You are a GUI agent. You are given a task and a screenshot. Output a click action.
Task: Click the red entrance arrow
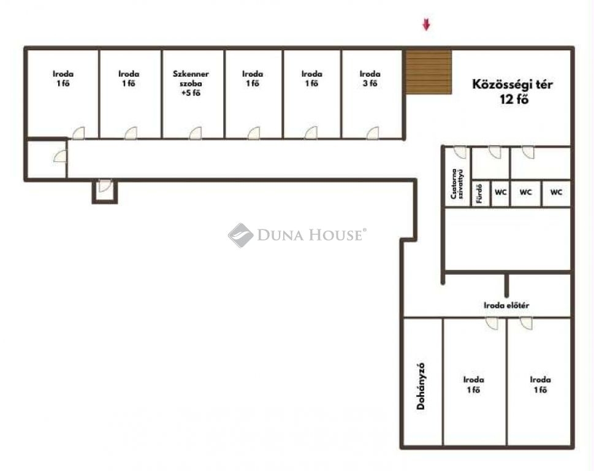(x=427, y=25)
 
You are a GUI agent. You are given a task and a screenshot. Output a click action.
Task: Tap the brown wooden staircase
(x=428, y=72)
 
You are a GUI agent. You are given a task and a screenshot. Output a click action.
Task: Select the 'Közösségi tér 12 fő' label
(x=512, y=91)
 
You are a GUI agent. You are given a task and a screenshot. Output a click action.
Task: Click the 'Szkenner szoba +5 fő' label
(x=191, y=83)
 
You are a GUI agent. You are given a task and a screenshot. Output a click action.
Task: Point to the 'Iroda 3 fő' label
(x=370, y=78)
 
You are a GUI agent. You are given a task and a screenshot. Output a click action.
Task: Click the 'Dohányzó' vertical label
(x=421, y=386)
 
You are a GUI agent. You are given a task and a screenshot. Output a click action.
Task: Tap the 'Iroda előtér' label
(x=506, y=305)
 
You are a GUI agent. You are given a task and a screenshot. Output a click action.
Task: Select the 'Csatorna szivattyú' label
(x=457, y=184)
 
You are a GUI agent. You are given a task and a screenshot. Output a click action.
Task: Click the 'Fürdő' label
(x=479, y=193)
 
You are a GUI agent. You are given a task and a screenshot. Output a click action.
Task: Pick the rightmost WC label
(x=556, y=192)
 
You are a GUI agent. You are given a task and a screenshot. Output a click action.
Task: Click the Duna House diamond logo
(x=240, y=235)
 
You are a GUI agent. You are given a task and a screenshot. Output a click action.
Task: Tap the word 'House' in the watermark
(x=334, y=235)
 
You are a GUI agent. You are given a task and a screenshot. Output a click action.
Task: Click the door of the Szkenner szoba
(x=196, y=133)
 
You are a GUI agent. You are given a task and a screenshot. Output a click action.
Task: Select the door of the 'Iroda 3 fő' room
(x=372, y=133)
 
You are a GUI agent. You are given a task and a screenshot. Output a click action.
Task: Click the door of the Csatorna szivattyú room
(x=460, y=152)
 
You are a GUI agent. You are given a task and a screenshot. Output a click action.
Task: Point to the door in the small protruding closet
(x=105, y=186)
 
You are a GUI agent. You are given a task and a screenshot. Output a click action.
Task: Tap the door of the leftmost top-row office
(x=78, y=133)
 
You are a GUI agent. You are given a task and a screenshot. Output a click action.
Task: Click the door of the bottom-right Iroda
(x=526, y=323)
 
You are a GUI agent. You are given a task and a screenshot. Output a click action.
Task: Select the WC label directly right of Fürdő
(x=500, y=192)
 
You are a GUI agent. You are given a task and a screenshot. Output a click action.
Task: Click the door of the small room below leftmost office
(x=60, y=156)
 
